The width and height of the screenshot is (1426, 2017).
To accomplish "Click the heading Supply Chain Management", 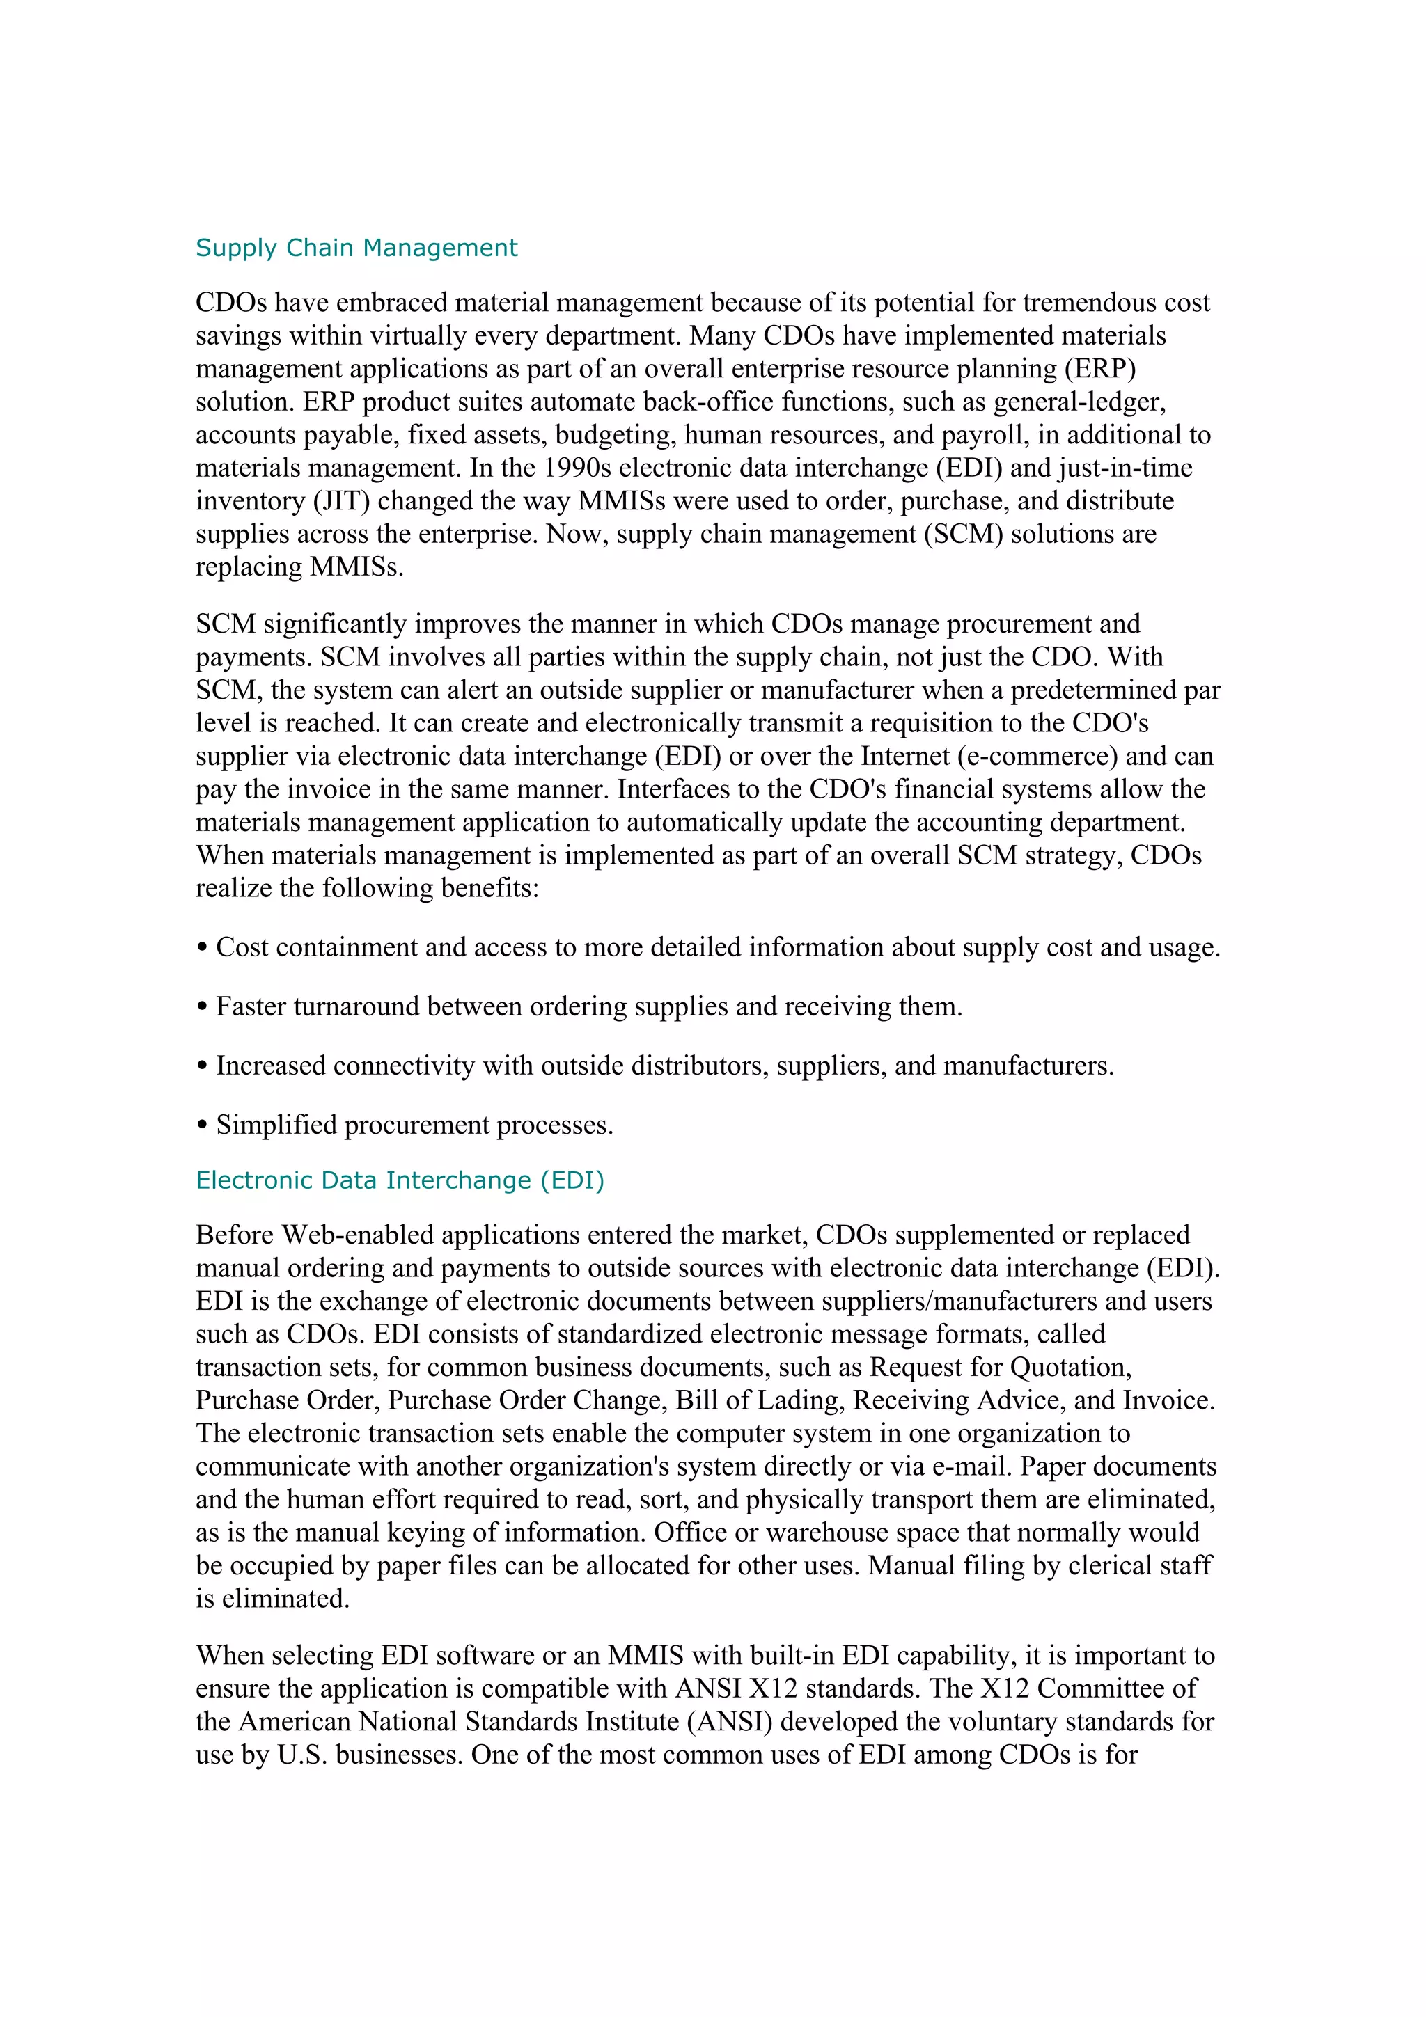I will click(x=356, y=248).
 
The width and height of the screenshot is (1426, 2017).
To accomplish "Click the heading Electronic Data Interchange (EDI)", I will click(x=400, y=1180).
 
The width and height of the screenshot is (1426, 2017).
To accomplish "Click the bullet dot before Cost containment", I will click(x=202, y=948).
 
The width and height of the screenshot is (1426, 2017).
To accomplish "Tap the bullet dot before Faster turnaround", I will click(x=202, y=1006).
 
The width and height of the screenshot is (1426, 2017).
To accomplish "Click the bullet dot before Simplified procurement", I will click(x=202, y=1125).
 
